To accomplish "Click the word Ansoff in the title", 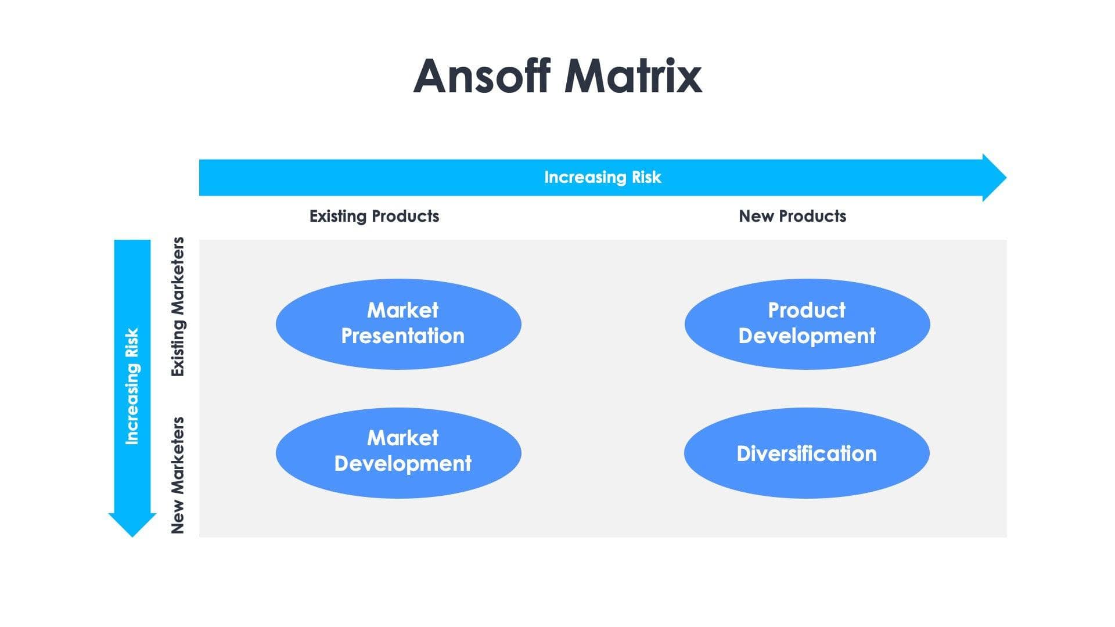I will tap(481, 76).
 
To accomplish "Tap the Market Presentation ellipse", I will tap(398, 324).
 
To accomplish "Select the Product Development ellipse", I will tap(807, 324).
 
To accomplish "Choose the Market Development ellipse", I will tap(398, 453).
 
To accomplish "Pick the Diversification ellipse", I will tap(807, 453).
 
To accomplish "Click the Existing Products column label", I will tap(374, 216).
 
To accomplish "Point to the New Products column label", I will tap(792, 216).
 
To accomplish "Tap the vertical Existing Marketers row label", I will tap(178, 307).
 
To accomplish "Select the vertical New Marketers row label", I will tap(178, 475).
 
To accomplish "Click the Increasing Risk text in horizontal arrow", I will tap(602, 177).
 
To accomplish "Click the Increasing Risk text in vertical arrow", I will tap(132, 387).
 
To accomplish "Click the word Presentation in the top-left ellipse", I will tap(402, 336).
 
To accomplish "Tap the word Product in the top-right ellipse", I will tap(807, 310).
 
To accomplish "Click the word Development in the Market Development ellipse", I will tap(402, 464).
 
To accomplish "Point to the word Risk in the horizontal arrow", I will tap(646, 177).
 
